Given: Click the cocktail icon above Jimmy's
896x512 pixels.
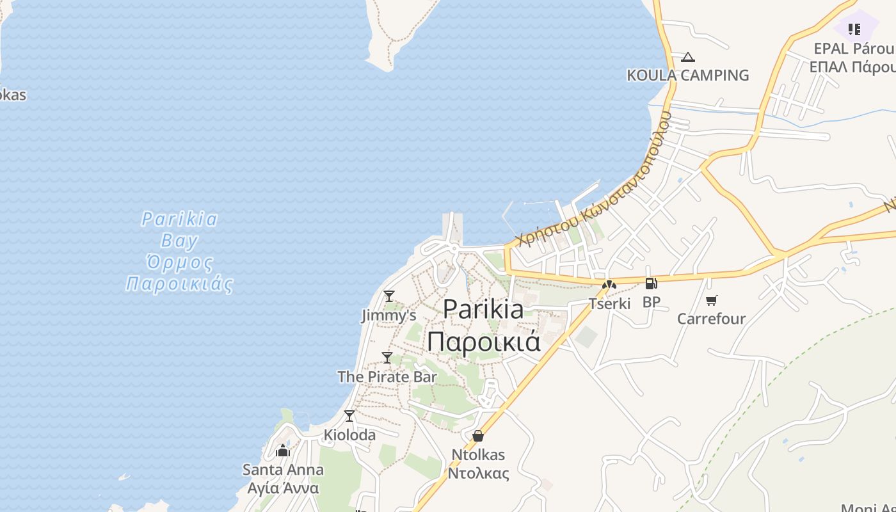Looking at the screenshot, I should point(388,296).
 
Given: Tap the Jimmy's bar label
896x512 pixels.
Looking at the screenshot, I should point(388,316).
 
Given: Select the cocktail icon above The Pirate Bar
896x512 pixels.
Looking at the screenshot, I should point(387,357).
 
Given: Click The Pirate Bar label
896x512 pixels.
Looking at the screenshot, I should point(387,376).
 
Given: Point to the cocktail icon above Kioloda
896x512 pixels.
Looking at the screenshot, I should point(349,416).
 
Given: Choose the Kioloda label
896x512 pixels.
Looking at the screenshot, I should point(349,435).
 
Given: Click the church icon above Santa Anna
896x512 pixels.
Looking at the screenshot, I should point(283,451).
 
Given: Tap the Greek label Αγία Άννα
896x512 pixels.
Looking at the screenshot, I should point(283,488).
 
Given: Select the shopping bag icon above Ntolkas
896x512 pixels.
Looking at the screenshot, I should point(477,436).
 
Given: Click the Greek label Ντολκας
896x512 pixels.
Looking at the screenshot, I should point(477,474).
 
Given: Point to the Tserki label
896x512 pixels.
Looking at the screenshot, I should point(609,303).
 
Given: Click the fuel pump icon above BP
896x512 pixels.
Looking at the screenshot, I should point(651,284).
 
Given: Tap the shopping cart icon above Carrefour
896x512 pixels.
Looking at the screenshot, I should point(711,300).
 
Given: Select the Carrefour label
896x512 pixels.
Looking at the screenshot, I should point(711,318).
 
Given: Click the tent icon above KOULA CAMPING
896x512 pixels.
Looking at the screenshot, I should point(688,57).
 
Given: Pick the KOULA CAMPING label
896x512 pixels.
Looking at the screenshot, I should point(687,75).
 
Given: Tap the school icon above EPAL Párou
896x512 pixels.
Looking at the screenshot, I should point(854,29).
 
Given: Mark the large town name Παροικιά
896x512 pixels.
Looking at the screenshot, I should point(484,341).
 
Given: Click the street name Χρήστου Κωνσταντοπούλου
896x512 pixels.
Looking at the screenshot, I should point(595,180).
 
